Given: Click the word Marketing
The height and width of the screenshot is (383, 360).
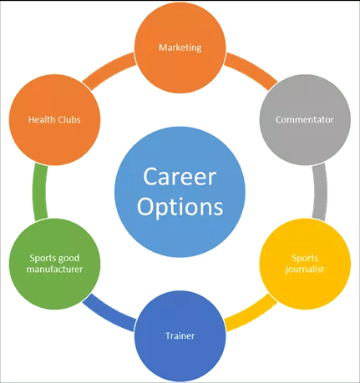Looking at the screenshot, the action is tap(180, 48).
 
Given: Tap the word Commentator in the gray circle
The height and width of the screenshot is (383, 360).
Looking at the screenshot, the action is tap(305, 119).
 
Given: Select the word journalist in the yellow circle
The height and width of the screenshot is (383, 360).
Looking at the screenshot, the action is tap(305, 270).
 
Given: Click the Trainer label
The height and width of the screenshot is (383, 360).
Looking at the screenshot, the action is tap(180, 335).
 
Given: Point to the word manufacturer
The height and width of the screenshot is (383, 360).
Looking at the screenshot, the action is tap(54, 270).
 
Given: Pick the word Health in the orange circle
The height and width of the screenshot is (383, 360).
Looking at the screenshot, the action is tap(41, 119).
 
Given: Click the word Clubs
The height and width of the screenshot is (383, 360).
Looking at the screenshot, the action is tap(68, 119).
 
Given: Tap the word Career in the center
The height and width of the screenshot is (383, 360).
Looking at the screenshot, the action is tap(180, 177).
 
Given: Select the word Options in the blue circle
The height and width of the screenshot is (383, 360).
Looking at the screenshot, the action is tap(180, 207).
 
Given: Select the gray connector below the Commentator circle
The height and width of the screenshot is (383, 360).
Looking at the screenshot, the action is tap(320, 192).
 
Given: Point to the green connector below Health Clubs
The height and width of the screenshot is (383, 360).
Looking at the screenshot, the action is tap(40, 192).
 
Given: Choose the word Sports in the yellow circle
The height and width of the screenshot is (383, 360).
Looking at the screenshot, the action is tap(305, 259).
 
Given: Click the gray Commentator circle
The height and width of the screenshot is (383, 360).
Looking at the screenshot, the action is tap(305, 120).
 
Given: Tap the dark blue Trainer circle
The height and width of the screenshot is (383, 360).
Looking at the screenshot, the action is tap(180, 336).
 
